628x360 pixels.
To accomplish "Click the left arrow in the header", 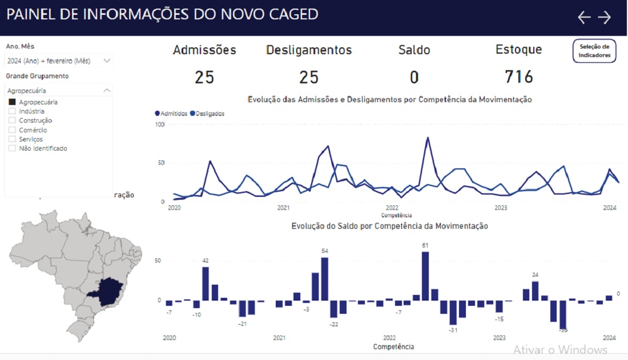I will tap(583, 18).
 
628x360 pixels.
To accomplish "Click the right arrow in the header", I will tap(605, 18).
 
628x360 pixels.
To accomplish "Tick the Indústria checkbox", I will tap(13, 111).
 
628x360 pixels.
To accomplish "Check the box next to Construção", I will tap(13, 120).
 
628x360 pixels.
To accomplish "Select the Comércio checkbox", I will tap(13, 130).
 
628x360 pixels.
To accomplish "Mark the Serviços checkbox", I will tap(13, 139).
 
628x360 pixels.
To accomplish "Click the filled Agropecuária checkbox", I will tap(13, 102).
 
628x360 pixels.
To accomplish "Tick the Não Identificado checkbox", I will tap(13, 148).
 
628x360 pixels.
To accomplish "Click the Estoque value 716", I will tap(518, 76).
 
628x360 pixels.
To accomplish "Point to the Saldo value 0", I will tap(414, 77).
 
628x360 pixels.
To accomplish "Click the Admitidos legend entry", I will tap(172, 114).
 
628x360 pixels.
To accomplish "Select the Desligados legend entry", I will tap(207, 114).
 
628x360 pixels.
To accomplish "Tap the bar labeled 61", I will tap(425, 276).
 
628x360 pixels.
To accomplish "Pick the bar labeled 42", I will tap(206, 284).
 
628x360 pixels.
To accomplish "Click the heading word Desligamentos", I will tap(309, 50).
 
